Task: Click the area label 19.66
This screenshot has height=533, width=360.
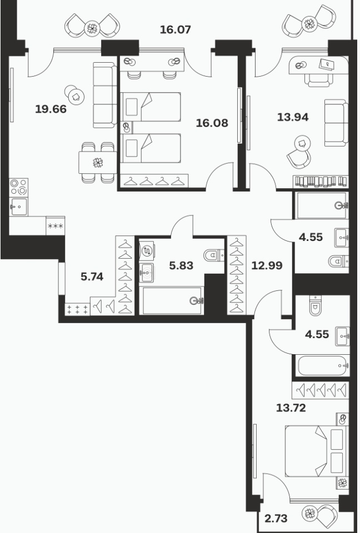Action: [x=51, y=109]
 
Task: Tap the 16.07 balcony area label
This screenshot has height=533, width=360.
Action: [x=175, y=29]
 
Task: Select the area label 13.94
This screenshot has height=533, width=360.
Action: [x=293, y=117]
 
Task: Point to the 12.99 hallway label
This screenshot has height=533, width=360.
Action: [x=267, y=265]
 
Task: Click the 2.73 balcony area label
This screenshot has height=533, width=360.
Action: [x=276, y=519]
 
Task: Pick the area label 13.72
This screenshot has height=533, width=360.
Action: [x=291, y=408]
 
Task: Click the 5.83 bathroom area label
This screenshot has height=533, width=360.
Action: [x=181, y=265]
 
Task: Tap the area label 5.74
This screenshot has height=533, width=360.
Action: [x=92, y=276]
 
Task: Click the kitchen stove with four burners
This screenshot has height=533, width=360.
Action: [x=19, y=187]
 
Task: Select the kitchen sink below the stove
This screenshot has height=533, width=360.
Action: [x=19, y=206]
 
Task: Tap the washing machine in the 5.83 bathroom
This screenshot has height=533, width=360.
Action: [x=147, y=250]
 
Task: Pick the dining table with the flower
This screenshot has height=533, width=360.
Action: [x=98, y=163]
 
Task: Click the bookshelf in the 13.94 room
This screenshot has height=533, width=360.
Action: [x=321, y=181]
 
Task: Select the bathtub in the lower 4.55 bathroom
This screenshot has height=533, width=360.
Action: [x=322, y=366]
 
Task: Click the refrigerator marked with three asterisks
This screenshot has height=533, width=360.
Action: [x=55, y=226]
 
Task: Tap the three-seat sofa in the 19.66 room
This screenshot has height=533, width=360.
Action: [x=104, y=95]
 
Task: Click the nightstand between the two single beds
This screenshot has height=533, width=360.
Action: [x=127, y=128]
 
